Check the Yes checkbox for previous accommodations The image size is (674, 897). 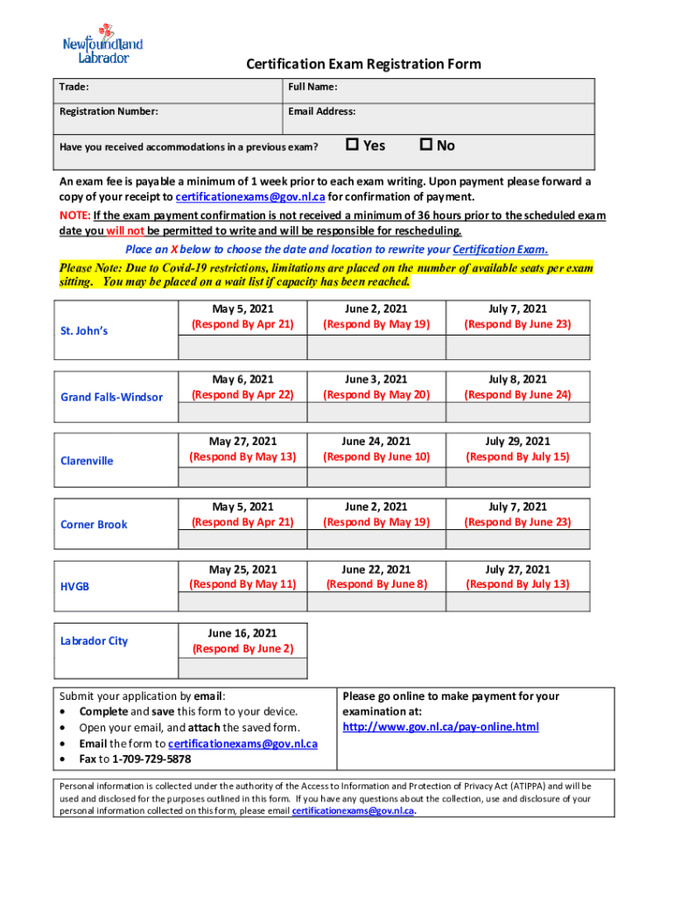[x=353, y=145]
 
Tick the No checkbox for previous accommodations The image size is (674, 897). [x=426, y=145]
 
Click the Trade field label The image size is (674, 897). [x=74, y=87]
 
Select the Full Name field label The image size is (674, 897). [x=312, y=87]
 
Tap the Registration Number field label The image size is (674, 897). [x=109, y=111]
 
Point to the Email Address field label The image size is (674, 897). [x=321, y=111]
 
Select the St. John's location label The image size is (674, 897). [x=84, y=331]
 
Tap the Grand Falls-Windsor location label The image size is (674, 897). [x=111, y=397]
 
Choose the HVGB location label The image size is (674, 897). [x=74, y=587]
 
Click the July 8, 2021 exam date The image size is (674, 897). [x=517, y=379]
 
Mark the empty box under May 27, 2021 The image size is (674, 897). [x=242, y=477]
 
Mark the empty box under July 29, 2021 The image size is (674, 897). [x=517, y=477]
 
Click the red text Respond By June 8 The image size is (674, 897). [x=376, y=584]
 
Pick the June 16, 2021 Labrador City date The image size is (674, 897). [x=242, y=632]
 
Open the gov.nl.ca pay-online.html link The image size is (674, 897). [x=440, y=727]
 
